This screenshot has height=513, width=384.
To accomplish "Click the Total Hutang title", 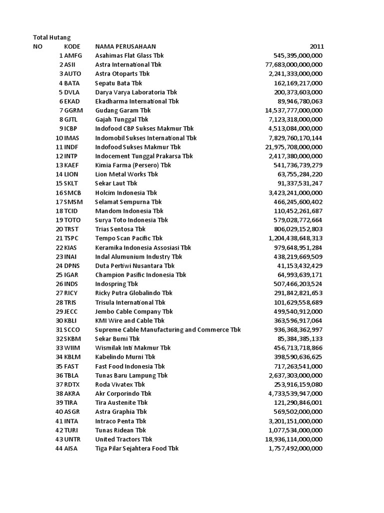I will point(52,37).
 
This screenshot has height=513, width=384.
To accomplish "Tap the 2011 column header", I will point(316,47).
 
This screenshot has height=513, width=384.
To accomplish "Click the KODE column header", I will point(72,47).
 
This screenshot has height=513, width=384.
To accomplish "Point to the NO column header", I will point(38,47).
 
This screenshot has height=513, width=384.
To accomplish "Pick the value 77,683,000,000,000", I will point(293,65).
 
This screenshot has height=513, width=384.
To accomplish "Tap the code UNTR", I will point(72,439).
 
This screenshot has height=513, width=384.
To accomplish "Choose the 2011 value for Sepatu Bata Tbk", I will point(298,83).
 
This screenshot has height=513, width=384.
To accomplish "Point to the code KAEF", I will point(72,165).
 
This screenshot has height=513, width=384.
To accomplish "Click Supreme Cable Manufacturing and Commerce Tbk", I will point(168,330).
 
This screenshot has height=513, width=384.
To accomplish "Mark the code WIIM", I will point(72,348).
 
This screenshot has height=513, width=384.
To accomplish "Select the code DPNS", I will point(72,266).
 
